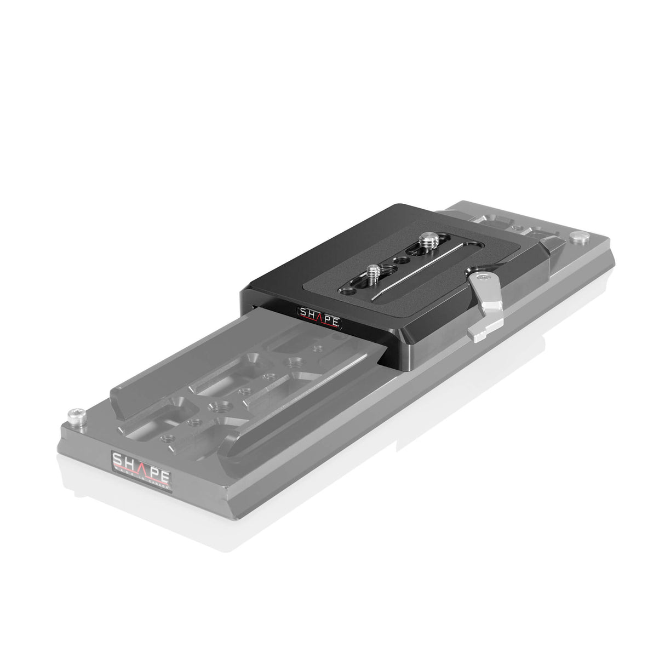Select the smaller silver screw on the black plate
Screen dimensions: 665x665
[374, 270]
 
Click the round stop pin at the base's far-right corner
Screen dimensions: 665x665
[576, 237]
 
